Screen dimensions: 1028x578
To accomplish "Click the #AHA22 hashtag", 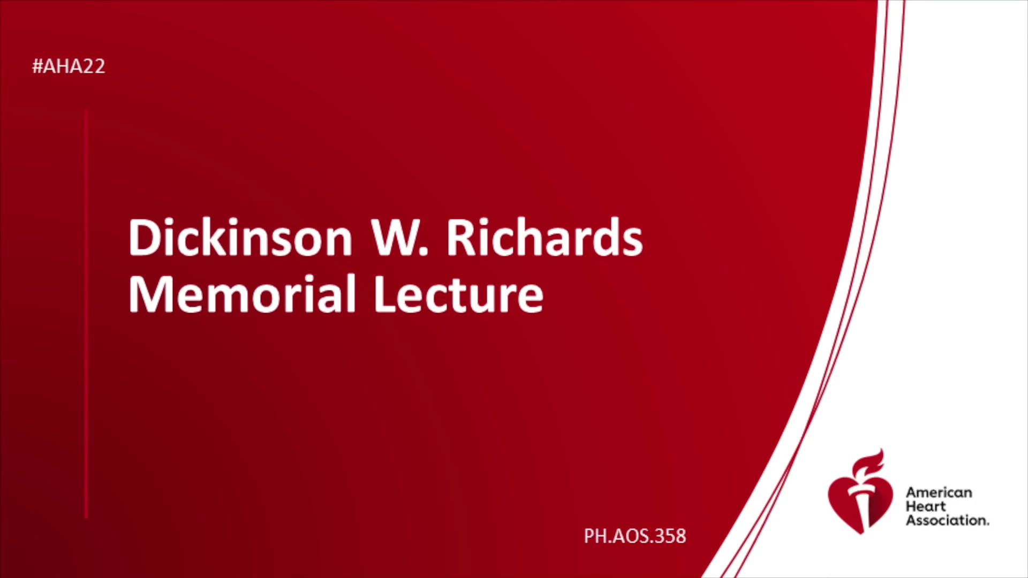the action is point(69,66).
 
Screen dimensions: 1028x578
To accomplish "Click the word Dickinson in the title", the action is point(240,237).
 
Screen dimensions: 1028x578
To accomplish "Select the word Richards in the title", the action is point(545,237).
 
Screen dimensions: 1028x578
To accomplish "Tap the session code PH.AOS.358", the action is point(634,536).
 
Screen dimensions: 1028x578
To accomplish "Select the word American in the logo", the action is point(939,492).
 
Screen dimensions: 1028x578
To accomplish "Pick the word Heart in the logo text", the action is point(926,506).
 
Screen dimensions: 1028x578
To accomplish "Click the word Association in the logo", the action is point(947,520).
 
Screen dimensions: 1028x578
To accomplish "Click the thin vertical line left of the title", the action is point(86,314).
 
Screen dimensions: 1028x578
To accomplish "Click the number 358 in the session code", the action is point(670,536).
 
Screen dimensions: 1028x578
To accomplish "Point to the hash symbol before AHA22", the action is point(37,66).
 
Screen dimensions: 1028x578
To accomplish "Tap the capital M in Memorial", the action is point(151,294).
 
